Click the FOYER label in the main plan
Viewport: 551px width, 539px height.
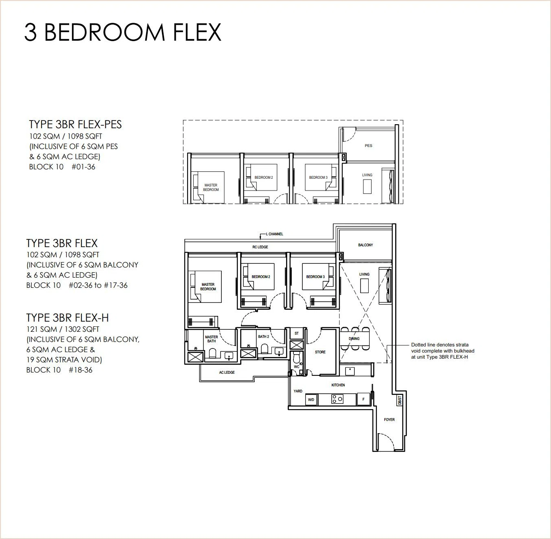click(389, 419)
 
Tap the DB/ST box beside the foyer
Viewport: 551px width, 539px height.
click(400, 401)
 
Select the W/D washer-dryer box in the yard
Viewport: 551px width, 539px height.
click(311, 400)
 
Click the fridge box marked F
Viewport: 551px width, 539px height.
click(363, 399)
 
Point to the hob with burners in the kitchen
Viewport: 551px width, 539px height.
click(337, 399)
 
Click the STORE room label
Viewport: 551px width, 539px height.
click(320, 352)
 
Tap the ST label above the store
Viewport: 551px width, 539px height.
click(296, 333)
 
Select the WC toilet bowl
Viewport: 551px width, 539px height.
click(296, 357)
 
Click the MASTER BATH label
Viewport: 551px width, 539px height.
click(212, 339)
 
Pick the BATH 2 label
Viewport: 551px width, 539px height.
click(263, 337)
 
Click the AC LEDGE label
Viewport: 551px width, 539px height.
click(227, 372)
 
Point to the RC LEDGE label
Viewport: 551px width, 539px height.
click(260, 247)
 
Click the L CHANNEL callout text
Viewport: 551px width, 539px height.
click(274, 234)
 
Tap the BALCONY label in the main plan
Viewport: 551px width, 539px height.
click(365, 245)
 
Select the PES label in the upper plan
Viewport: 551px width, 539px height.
click(368, 146)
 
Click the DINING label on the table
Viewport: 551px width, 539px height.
click(354, 338)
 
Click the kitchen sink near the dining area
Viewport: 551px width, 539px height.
click(350, 370)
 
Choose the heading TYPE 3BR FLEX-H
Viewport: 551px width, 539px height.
click(68, 318)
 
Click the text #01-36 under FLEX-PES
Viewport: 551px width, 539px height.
click(83, 167)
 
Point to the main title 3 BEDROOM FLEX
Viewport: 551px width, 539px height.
click(122, 32)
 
